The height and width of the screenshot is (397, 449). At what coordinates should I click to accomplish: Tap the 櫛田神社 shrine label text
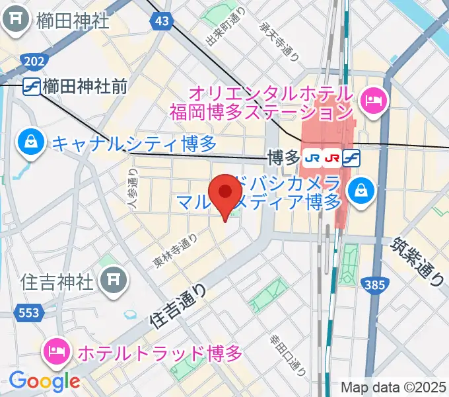pyautogui.click(x=73, y=21)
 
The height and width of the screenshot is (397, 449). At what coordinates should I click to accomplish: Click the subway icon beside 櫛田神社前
pyautogui.click(x=30, y=85)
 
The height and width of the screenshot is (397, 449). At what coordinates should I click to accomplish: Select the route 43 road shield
pyautogui.click(x=161, y=22)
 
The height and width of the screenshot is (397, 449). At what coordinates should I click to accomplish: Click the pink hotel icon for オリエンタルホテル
pyautogui.click(x=374, y=101)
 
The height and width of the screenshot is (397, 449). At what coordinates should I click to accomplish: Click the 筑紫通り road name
pyautogui.click(x=419, y=262)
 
